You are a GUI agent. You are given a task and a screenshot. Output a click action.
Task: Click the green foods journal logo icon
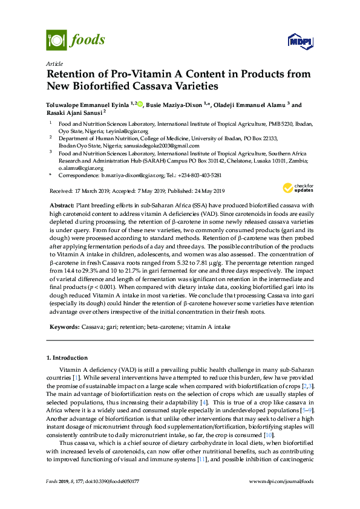click(x=56, y=41)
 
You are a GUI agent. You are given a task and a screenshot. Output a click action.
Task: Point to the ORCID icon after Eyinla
click(x=140, y=104)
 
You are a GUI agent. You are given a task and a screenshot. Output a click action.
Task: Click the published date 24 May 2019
click(x=208, y=191)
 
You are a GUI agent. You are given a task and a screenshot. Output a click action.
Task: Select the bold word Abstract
click(x=62, y=206)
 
